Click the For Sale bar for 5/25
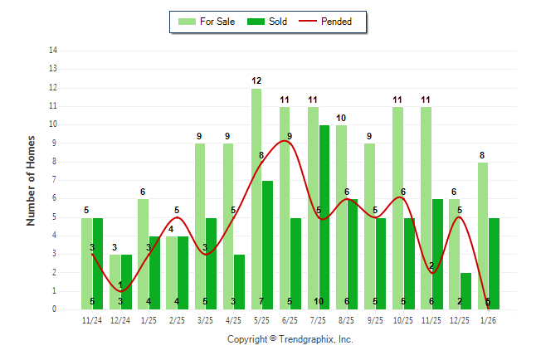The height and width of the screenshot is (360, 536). pyautogui.click(x=256, y=199)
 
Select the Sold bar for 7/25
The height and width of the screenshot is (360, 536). pyautogui.click(x=324, y=217)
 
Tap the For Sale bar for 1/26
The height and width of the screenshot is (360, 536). pyautogui.click(x=483, y=236)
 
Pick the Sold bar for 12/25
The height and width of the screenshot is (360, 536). pyautogui.click(x=465, y=291)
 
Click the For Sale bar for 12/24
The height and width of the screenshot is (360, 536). pyautogui.click(x=115, y=282)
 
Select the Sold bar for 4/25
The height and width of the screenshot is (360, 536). pyautogui.click(x=240, y=282)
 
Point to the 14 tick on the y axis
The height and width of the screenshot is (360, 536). pyautogui.click(x=53, y=51)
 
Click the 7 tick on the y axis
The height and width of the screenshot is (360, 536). pyautogui.click(x=55, y=180)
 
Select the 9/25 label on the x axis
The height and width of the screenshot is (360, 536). pyautogui.click(x=375, y=319)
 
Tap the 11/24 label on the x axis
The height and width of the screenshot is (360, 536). pyautogui.click(x=92, y=319)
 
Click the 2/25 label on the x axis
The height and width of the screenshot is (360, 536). pyautogui.click(x=177, y=319)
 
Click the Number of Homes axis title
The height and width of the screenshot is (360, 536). pyautogui.click(x=32, y=180)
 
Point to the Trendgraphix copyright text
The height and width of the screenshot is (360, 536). pyautogui.click(x=290, y=339)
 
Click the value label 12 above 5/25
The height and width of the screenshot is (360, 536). pyautogui.click(x=256, y=80)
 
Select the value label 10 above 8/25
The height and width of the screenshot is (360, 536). pyautogui.click(x=341, y=118)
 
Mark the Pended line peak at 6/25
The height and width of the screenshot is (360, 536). pyautogui.click(x=285, y=141)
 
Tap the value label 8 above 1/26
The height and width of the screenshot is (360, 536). pyautogui.click(x=483, y=155)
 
